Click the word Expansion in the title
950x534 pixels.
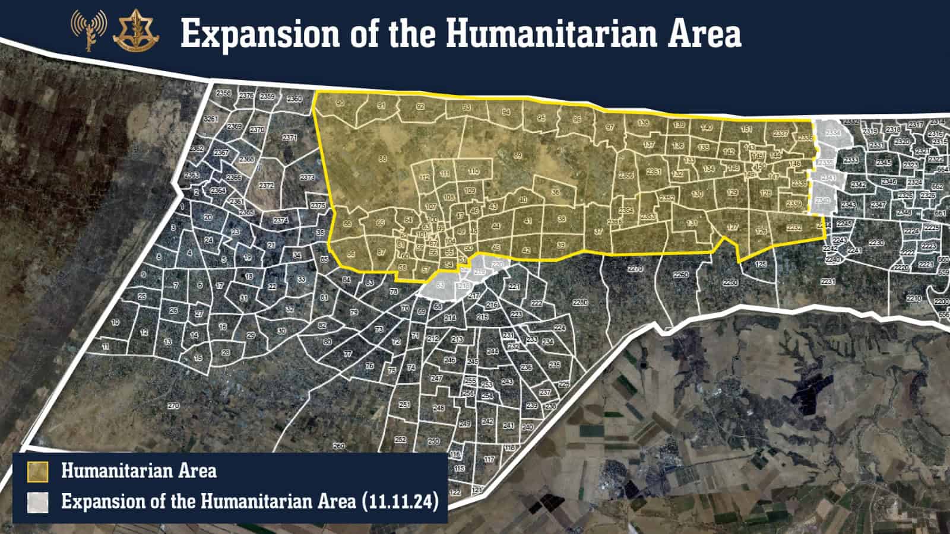pyautogui.click(x=261, y=34)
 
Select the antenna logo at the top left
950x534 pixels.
pyautogui.click(x=88, y=30)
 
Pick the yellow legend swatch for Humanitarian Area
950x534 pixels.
pyautogui.click(x=37, y=472)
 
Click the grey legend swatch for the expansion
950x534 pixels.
pyautogui.click(x=37, y=502)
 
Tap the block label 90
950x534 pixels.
pyautogui.click(x=340, y=103)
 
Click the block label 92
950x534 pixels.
pyautogui.click(x=420, y=107)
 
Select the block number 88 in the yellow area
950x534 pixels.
pyautogui.click(x=382, y=158)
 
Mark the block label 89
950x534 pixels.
pyautogui.click(x=517, y=155)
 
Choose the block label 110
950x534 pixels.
pyautogui.click(x=473, y=171)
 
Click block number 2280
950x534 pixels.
pyautogui.click(x=580, y=303)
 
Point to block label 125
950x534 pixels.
pyautogui.click(x=761, y=264)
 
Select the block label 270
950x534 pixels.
pyautogui.click(x=173, y=406)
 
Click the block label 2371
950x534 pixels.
pyautogui.click(x=290, y=138)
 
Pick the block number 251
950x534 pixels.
pyautogui.click(x=404, y=405)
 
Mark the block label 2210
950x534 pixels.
pyautogui.click(x=914, y=298)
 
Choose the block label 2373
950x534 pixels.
pyautogui.click(x=308, y=177)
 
